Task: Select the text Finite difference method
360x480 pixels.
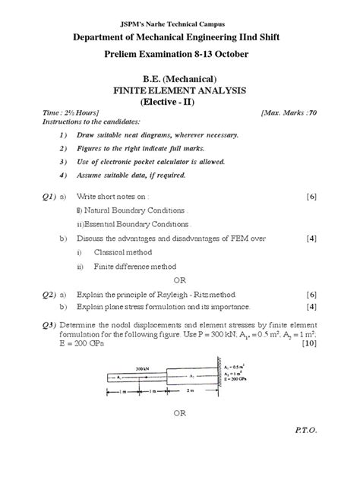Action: (x=134, y=267)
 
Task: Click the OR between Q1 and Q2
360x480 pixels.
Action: (x=180, y=279)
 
